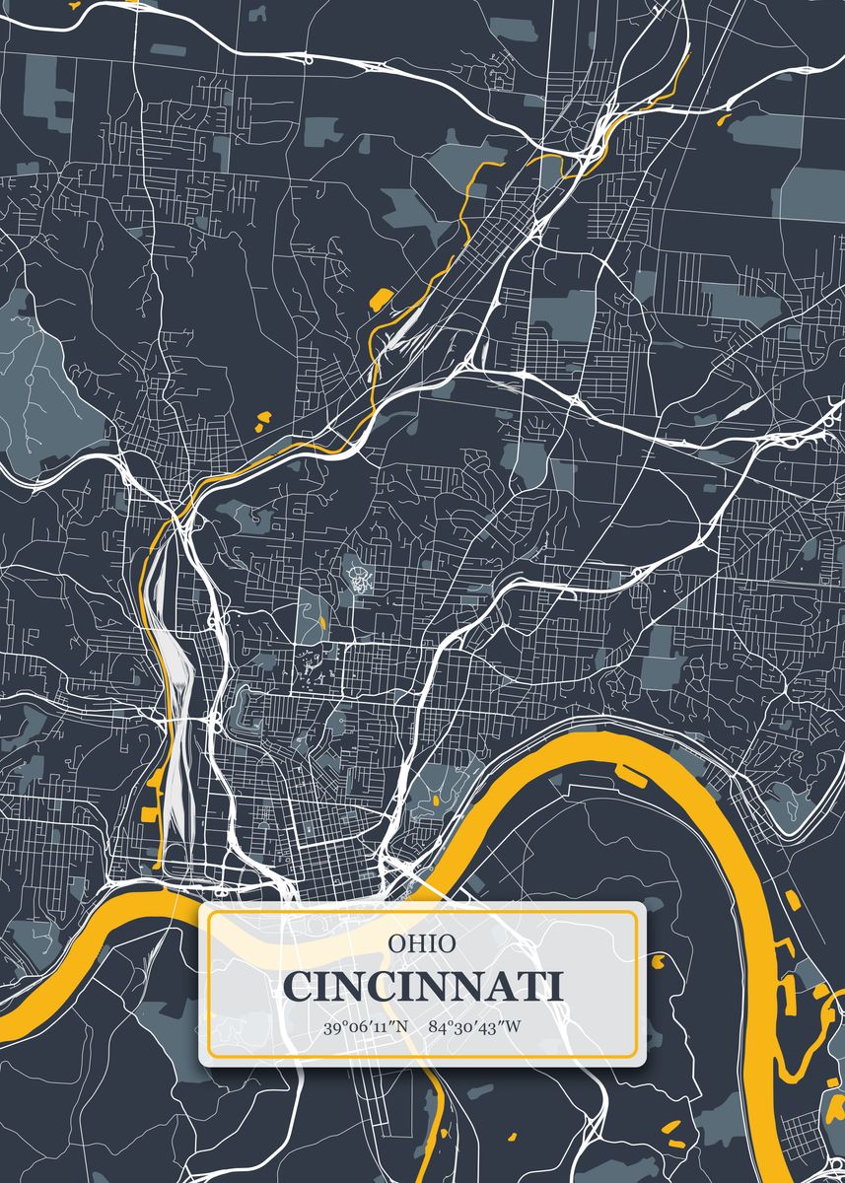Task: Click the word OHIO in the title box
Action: coord(422,943)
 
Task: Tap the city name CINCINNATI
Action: coord(422,987)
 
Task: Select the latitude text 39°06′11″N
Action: coord(365,1027)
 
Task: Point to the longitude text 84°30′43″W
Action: coord(475,1027)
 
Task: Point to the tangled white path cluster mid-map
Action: coord(359,574)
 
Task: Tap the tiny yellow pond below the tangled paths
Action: coord(322,621)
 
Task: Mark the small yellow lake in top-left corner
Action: coord(72,3)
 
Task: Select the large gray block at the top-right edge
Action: coord(813,192)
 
